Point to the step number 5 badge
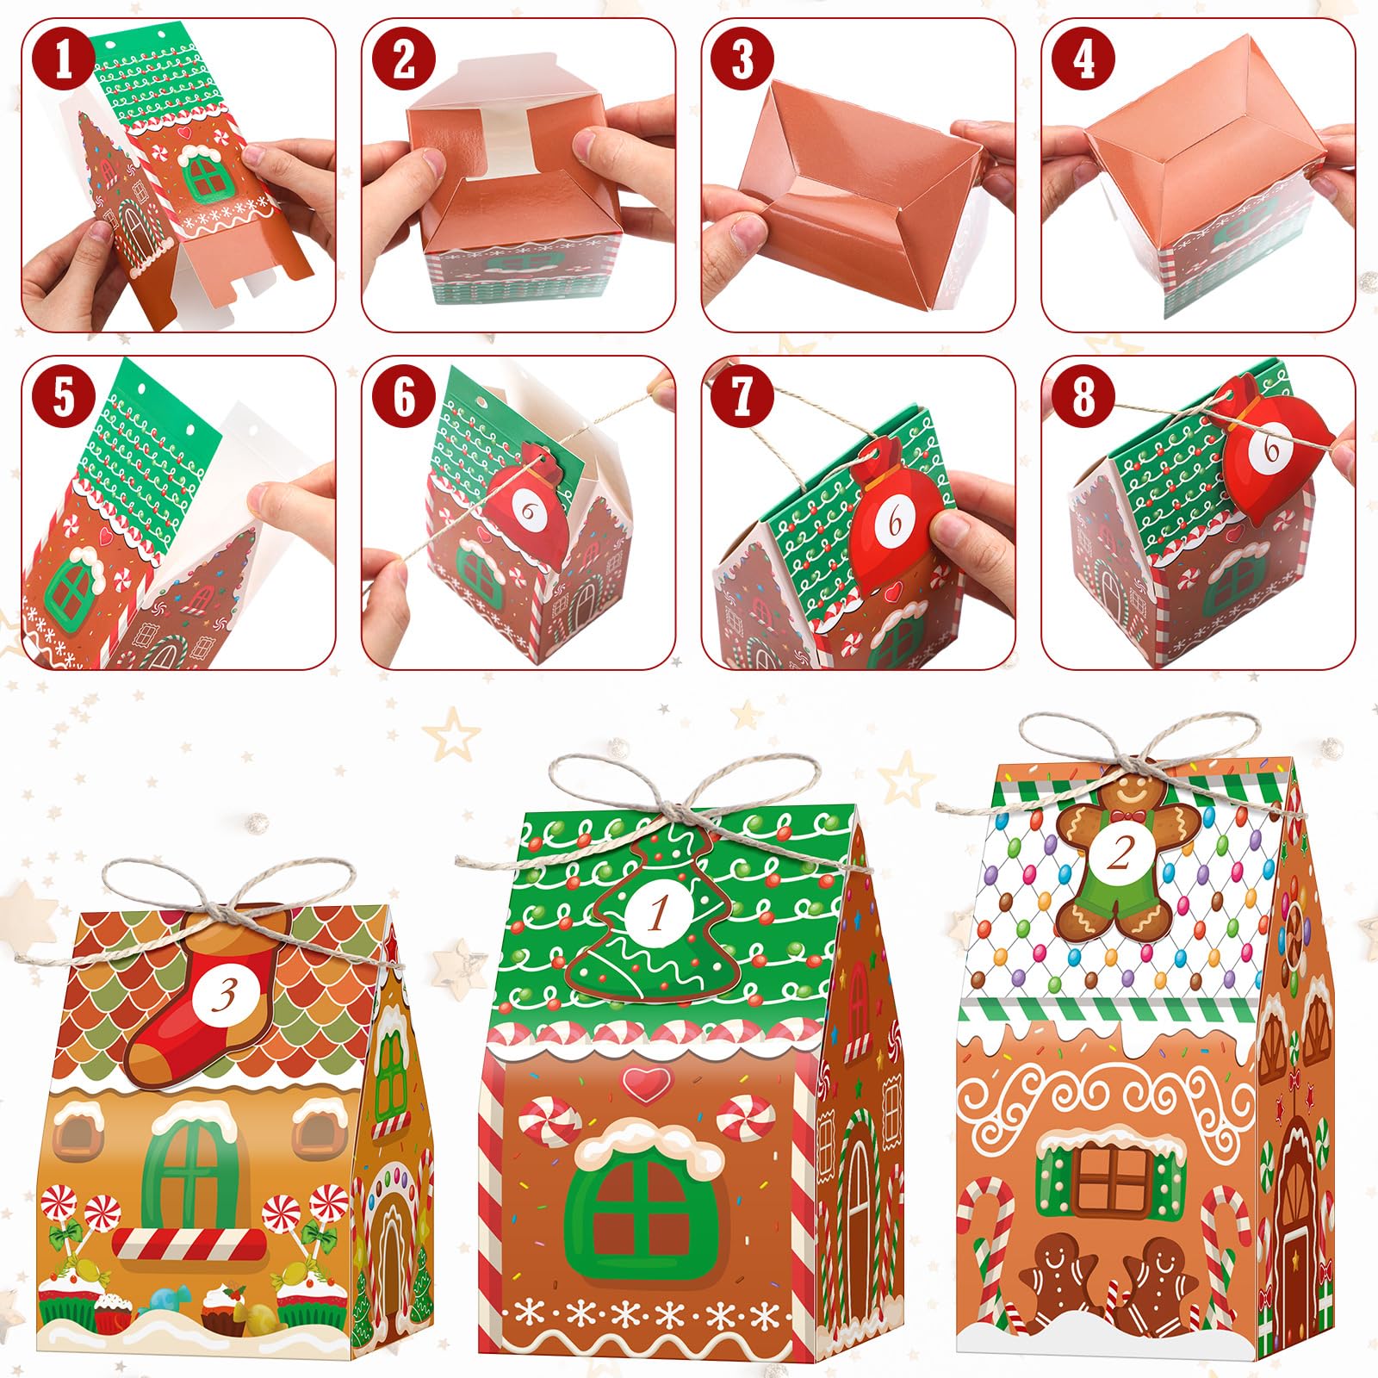click(x=63, y=398)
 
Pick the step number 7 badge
click(x=743, y=398)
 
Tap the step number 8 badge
click(x=1083, y=398)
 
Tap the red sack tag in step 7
click(x=896, y=517)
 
